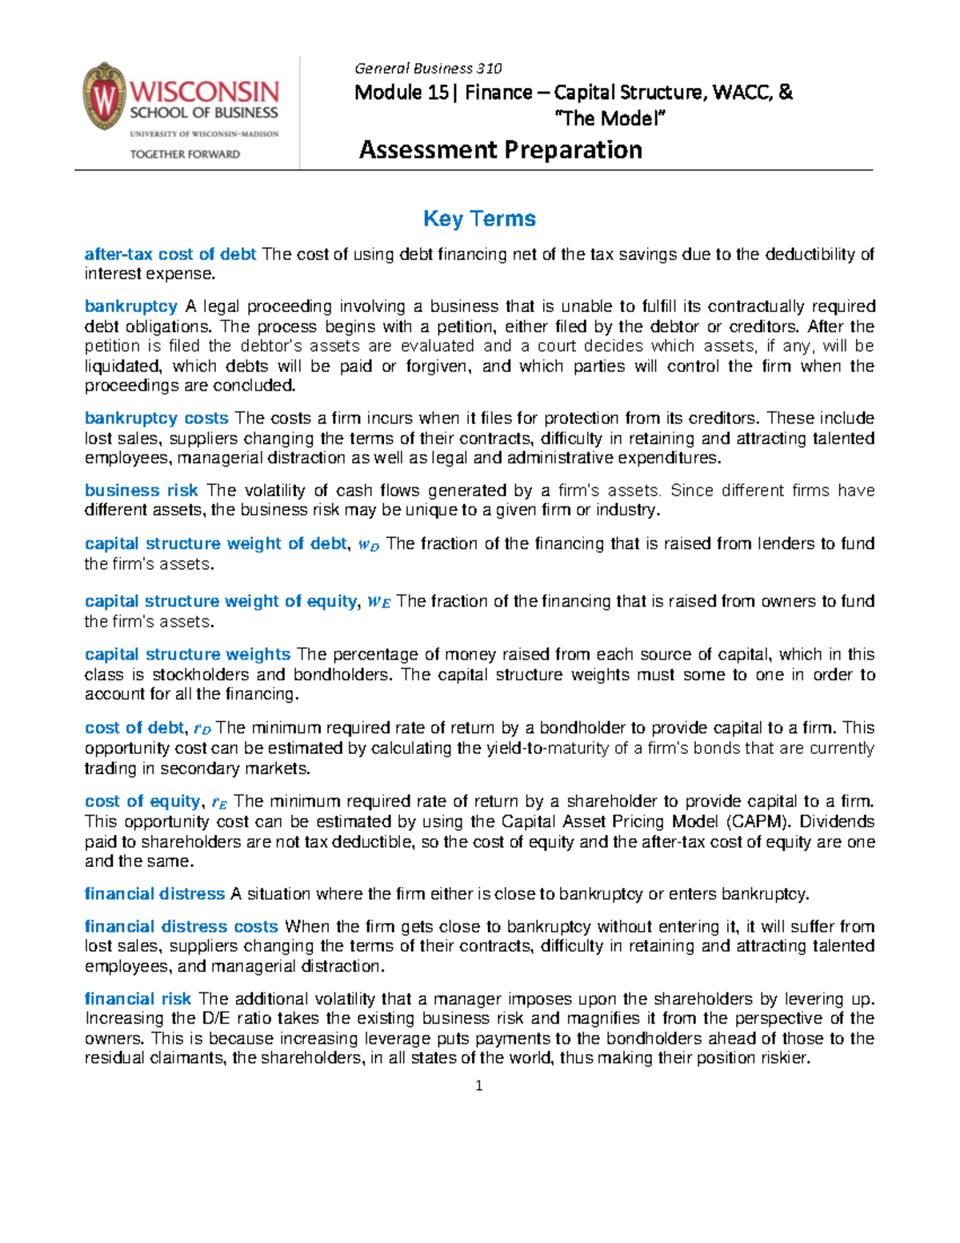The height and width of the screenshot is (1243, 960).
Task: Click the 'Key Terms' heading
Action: click(x=479, y=219)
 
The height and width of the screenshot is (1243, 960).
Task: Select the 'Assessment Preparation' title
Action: click(x=500, y=150)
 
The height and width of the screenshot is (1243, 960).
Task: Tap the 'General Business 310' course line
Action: click(x=428, y=69)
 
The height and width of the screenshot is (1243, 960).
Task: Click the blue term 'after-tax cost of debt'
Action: click(x=170, y=255)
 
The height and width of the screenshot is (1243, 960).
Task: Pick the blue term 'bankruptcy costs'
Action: click(x=157, y=418)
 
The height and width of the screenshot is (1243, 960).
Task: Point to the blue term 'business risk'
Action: click(x=141, y=491)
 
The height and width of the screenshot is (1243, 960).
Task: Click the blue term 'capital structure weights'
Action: click(x=187, y=654)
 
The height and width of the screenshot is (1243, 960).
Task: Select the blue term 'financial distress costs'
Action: click(x=181, y=926)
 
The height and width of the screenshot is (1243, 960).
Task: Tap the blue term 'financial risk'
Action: click(x=138, y=998)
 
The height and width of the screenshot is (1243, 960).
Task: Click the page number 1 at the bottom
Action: click(x=478, y=1086)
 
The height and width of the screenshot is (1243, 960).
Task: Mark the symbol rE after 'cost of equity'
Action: click(x=218, y=803)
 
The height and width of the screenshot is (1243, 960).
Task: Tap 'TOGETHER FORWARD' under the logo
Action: click(x=185, y=154)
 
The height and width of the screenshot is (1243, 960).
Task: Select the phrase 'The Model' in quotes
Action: click(x=610, y=118)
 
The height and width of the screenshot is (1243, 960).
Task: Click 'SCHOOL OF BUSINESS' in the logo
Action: click(x=204, y=113)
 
